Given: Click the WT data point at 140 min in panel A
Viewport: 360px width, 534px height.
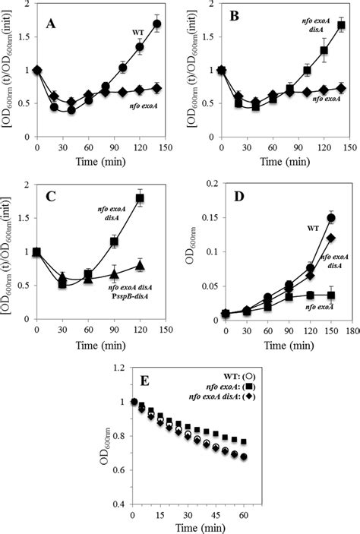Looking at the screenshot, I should click(157, 24).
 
